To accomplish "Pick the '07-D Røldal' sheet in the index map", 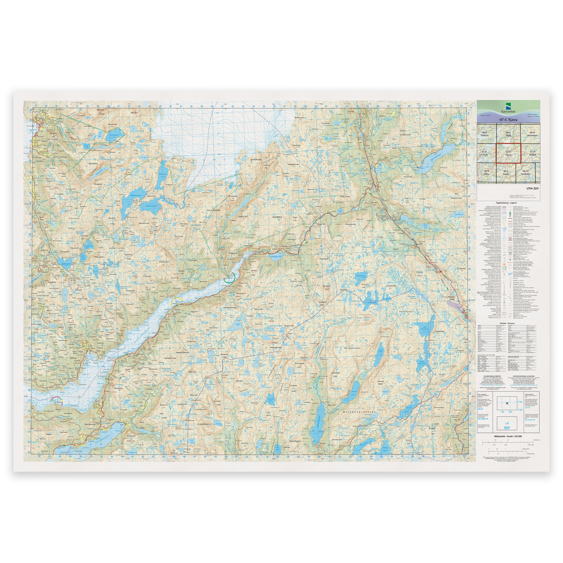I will [x=532, y=153].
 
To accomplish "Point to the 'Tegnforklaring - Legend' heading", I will [x=508, y=202].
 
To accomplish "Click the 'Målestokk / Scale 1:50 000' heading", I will [x=508, y=436].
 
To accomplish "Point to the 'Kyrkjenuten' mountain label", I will [x=352, y=348].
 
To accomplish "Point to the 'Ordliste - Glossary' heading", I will [x=508, y=323].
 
